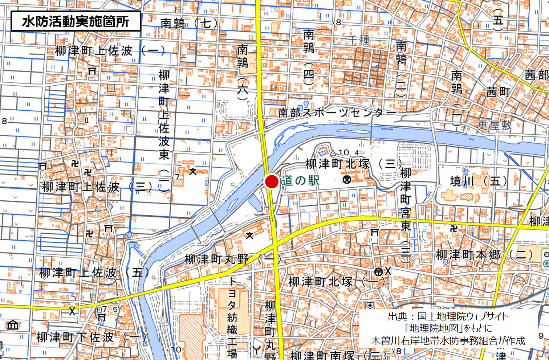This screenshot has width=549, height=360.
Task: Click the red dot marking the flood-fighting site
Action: coord(271,181)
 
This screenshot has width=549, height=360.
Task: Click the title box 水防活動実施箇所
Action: coord(76,21)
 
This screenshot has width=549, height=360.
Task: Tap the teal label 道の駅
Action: coord(300,181)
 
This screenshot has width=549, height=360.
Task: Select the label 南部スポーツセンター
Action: coord(337,113)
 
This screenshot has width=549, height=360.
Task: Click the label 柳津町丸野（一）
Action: coord(233,259)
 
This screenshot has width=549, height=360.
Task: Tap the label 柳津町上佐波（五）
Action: coord(94,273)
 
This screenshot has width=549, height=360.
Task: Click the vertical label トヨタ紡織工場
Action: coord(232,318)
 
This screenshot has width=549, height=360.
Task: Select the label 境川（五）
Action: coord(478,181)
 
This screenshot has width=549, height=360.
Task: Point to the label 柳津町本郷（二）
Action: coord(485,255)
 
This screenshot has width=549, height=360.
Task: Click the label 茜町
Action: coord(498,92)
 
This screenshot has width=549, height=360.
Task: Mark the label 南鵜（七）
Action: coord(189,24)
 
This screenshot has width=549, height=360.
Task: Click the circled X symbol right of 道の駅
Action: coord(347,179)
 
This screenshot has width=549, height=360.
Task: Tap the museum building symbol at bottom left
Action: coord(13,324)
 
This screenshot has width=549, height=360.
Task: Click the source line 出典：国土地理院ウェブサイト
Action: coord(448,316)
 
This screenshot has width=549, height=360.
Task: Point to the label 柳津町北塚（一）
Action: coord(336,282)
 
